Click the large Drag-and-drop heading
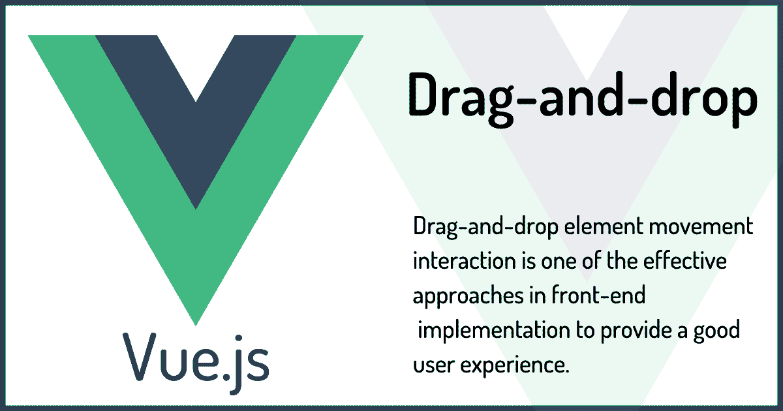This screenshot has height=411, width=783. [x=583, y=99]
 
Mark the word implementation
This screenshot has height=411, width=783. [x=493, y=331]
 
